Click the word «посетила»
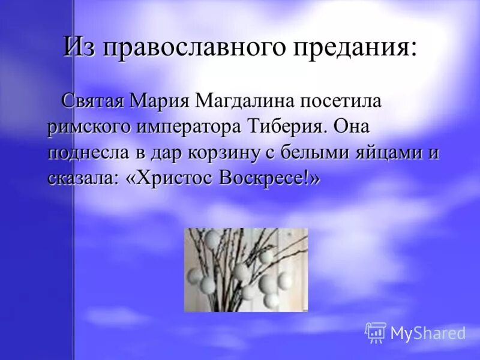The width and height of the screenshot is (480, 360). tap(336, 101)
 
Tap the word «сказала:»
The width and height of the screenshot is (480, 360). tap(85, 179)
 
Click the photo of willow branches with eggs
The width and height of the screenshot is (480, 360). tap(245, 269)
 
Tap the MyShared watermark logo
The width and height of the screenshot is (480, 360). tap(415, 332)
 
